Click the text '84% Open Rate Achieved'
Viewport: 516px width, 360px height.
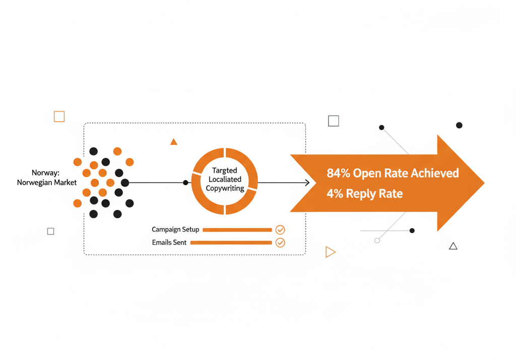pyautogui.click(x=393, y=173)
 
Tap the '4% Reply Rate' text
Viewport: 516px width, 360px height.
pyautogui.click(x=364, y=194)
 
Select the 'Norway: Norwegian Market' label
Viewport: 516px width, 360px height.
pyautogui.click(x=46, y=178)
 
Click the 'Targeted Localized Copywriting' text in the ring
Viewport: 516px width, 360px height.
pyautogui.click(x=225, y=180)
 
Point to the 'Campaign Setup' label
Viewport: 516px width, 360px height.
pyautogui.click(x=175, y=230)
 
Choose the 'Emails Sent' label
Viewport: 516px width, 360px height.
pyautogui.click(x=169, y=243)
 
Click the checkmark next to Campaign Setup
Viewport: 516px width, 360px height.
pyautogui.click(x=280, y=230)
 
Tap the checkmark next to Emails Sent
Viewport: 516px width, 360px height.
pyautogui.click(x=280, y=243)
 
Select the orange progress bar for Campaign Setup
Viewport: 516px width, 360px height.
pyautogui.click(x=237, y=230)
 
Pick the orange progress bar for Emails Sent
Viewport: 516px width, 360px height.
pyautogui.click(x=231, y=243)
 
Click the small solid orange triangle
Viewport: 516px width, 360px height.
pyautogui.click(x=174, y=142)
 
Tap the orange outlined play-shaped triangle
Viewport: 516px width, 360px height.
pyautogui.click(x=330, y=252)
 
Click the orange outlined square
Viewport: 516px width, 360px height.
pyautogui.click(x=59, y=116)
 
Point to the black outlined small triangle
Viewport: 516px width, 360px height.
pyautogui.click(x=453, y=246)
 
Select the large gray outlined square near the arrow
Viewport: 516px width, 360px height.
pyautogui.click(x=334, y=121)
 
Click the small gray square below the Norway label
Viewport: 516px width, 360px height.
pyautogui.click(x=50, y=231)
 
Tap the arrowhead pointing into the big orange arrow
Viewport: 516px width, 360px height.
pyautogui.click(x=307, y=183)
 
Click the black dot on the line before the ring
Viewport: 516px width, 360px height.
pyautogui.click(x=186, y=183)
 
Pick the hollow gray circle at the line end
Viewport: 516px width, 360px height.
pyautogui.click(x=377, y=241)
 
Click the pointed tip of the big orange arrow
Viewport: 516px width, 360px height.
pyautogui.click(x=483, y=183)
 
